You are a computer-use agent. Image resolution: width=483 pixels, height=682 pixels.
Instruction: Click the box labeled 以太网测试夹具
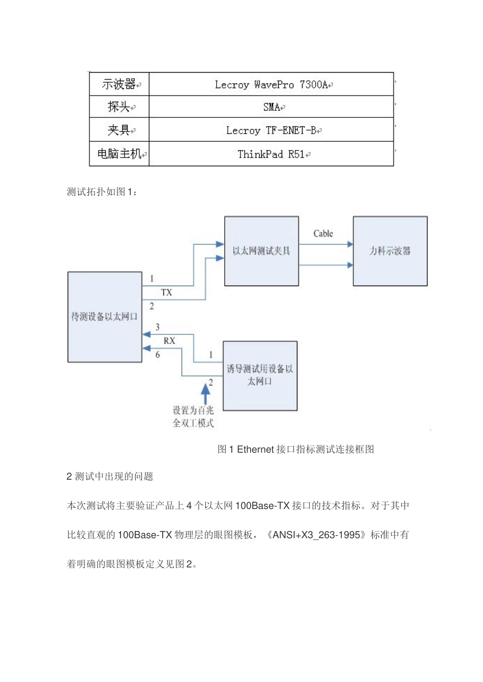[261, 251]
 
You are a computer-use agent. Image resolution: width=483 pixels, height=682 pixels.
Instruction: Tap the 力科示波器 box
[390, 251]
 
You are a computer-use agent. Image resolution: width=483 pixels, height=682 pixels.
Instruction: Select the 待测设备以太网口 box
[105, 317]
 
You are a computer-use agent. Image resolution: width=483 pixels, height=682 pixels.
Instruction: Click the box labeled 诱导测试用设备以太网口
[260, 376]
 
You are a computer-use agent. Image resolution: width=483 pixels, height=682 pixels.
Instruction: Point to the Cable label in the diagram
[323, 234]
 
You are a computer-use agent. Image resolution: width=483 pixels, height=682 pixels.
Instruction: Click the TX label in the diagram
[167, 293]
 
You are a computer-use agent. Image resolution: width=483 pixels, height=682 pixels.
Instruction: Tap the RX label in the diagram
[169, 341]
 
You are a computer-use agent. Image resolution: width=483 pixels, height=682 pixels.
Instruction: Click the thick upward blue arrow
[205, 392]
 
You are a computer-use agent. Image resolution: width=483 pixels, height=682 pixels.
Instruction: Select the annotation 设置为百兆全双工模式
[193, 417]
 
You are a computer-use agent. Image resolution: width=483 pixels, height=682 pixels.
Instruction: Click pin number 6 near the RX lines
[158, 355]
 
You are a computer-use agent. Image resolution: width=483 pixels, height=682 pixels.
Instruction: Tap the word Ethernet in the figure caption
[256, 449]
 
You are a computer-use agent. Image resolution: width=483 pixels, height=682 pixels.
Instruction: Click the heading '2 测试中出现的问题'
[110, 477]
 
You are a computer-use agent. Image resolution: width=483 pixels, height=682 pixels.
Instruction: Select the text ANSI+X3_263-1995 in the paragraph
[316, 535]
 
